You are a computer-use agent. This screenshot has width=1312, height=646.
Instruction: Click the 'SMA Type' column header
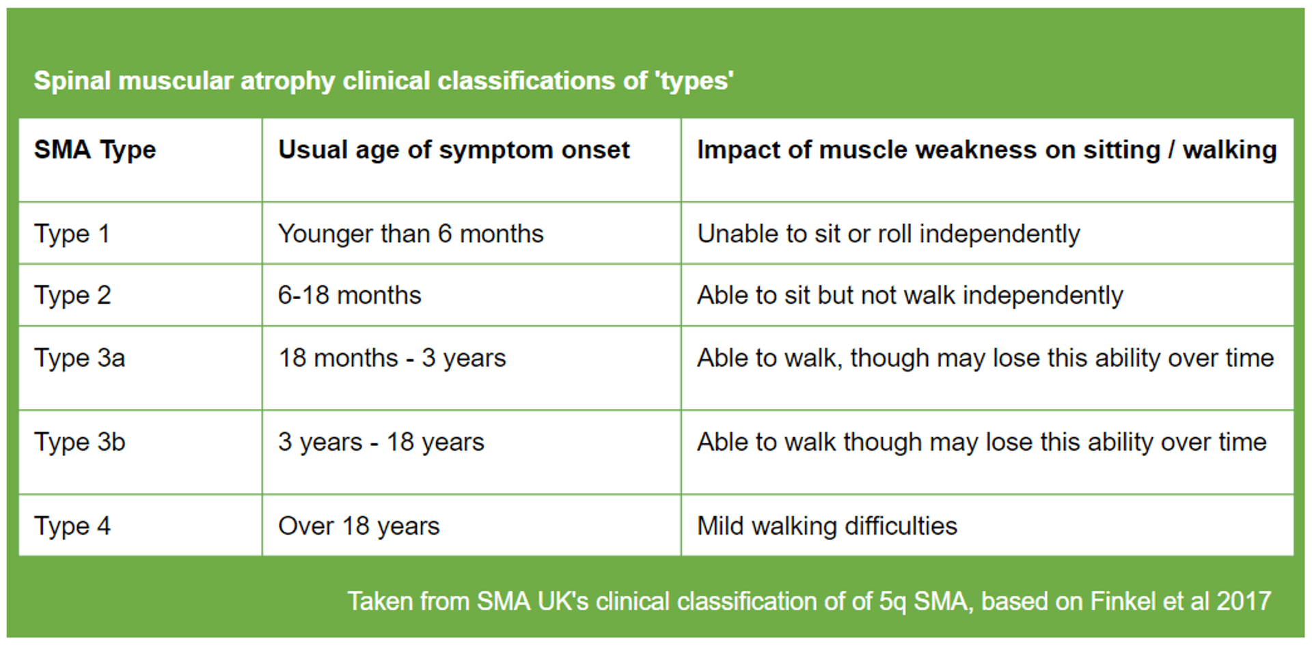tap(95, 150)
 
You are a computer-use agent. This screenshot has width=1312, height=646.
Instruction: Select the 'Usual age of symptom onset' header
tap(453, 150)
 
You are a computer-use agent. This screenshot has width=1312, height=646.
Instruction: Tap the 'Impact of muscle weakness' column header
tap(986, 150)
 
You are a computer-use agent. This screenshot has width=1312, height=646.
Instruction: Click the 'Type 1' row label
tap(72, 234)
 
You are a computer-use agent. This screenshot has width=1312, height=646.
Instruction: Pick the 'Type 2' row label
tap(72, 296)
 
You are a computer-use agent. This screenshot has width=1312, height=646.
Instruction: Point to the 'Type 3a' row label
tap(79, 359)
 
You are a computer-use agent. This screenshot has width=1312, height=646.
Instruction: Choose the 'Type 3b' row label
tap(79, 443)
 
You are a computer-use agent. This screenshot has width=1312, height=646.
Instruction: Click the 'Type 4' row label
tap(72, 526)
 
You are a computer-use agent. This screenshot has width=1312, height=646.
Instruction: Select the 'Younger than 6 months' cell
tap(410, 234)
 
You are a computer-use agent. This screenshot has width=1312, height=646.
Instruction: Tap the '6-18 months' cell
tap(349, 296)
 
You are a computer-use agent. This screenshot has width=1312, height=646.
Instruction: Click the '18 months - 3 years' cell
tap(392, 359)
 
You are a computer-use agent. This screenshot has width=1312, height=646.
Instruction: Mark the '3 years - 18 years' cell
tap(381, 443)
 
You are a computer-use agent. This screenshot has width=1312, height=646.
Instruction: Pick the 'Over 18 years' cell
tap(359, 526)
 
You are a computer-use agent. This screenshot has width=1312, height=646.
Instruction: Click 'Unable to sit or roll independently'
tap(888, 234)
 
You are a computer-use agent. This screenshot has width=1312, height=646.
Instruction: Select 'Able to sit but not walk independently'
tap(910, 296)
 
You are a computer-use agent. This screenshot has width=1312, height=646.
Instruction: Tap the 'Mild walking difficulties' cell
tap(827, 526)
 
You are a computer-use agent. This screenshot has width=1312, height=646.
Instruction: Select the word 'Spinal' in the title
tap(72, 81)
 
